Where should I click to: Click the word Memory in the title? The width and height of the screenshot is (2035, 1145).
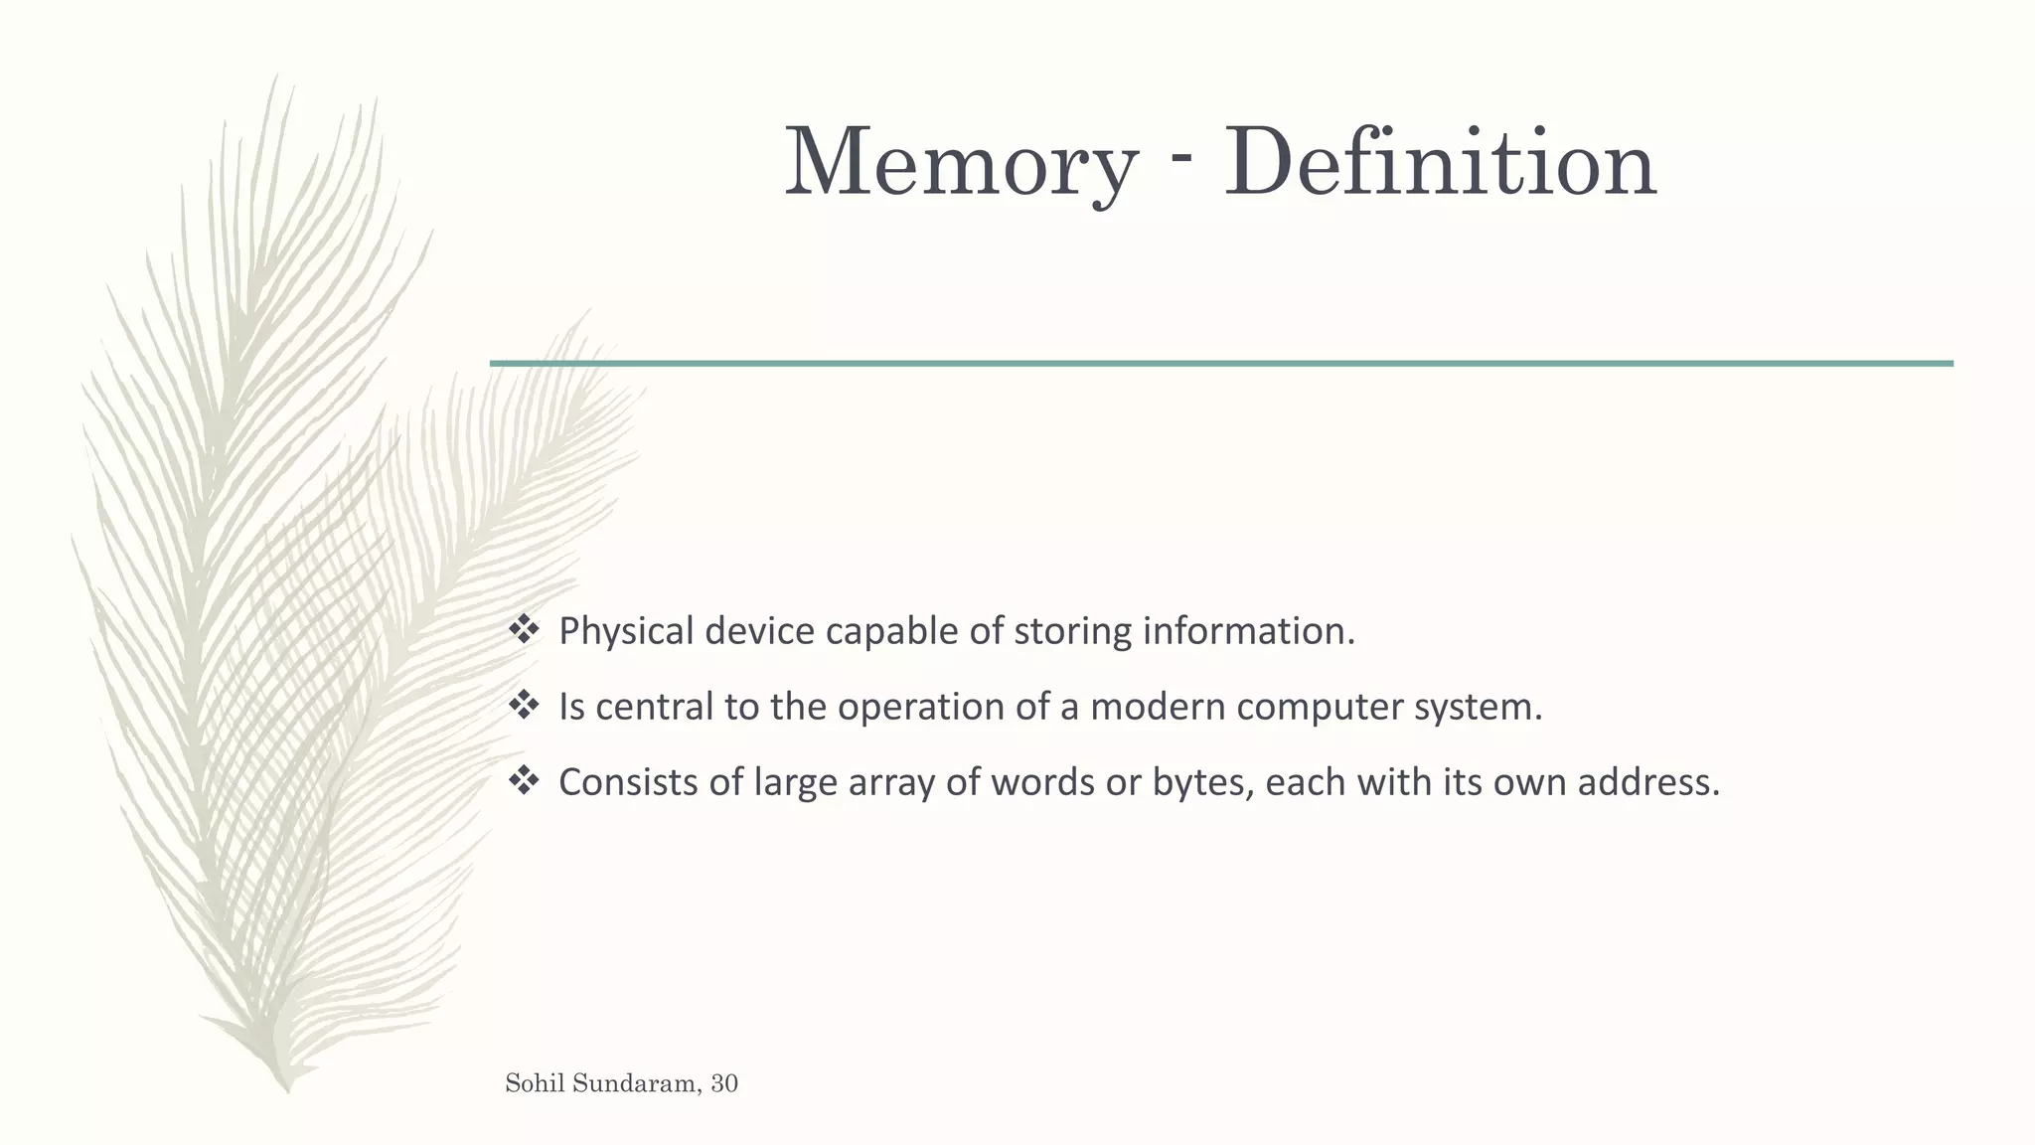point(960,164)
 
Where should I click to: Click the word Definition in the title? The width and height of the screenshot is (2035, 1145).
point(1440,164)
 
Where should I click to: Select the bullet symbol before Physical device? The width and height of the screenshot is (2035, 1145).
point(523,630)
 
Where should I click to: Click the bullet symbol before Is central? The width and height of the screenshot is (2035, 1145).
point(523,706)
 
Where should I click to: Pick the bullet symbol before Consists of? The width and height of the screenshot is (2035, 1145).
point(523,781)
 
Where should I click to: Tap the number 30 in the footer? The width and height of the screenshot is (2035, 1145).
point(724,1083)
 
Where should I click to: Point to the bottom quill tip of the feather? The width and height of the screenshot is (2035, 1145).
point(287,1089)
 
